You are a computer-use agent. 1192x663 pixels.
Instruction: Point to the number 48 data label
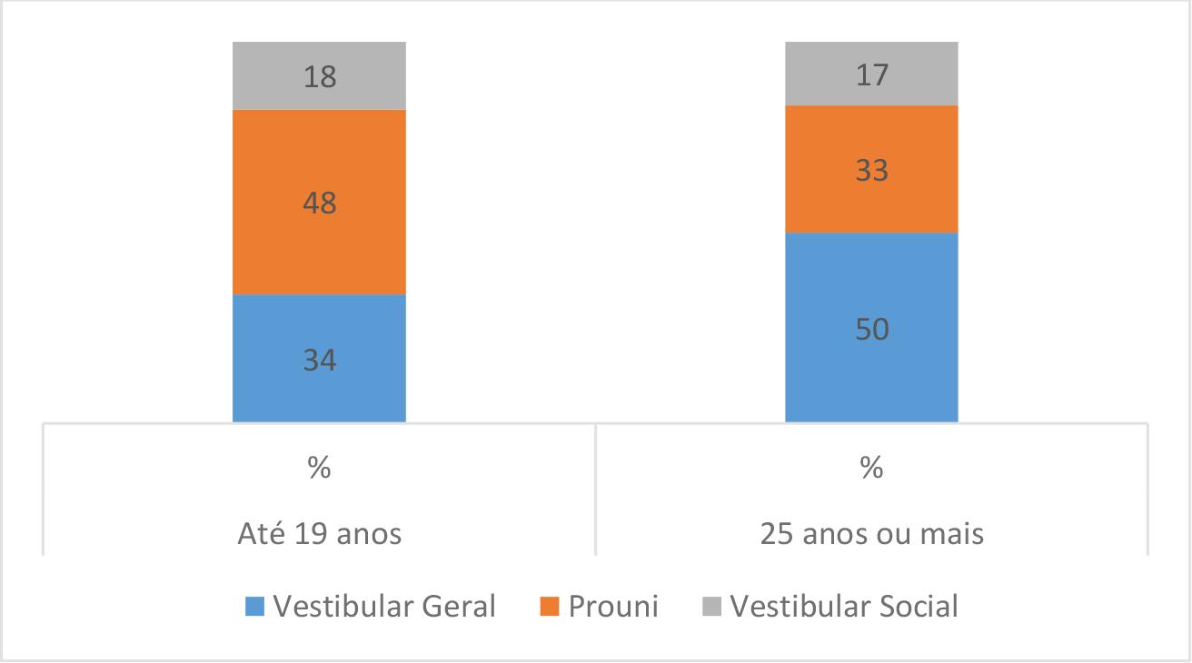point(319,203)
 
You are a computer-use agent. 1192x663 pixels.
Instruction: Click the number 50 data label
point(871,329)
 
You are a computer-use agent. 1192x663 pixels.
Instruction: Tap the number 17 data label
point(871,74)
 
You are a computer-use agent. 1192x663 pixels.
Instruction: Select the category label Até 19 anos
point(319,533)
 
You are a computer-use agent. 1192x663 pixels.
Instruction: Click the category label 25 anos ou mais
point(871,533)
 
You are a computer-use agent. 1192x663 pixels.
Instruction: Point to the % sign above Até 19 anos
point(319,470)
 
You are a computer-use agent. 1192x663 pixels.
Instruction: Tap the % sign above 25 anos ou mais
point(871,470)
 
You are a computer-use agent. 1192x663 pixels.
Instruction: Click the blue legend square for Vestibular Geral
point(255,607)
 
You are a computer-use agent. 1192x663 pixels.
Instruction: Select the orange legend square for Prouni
point(551,607)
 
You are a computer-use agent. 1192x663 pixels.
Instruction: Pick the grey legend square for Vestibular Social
point(712,607)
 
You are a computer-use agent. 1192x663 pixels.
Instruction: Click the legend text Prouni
point(613,606)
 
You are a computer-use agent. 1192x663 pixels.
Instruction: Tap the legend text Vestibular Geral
point(384,606)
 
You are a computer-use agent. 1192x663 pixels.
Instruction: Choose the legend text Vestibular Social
point(844,606)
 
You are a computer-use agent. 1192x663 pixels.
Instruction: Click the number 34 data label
point(319,361)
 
